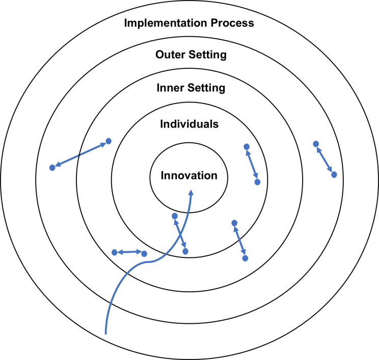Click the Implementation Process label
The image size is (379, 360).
coord(189,23)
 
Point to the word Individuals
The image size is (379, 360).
coord(189,124)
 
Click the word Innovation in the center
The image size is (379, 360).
coord(189,175)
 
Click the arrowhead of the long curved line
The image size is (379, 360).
coord(192,193)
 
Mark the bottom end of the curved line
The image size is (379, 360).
coord(106,333)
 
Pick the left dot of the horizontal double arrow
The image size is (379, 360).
coord(114,252)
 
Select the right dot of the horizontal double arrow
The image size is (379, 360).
coord(144,253)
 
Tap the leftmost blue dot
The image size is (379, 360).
coord(52,168)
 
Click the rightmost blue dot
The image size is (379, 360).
coord(334,174)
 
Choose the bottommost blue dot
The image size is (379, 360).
coord(245,259)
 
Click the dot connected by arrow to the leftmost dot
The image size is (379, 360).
coord(108,141)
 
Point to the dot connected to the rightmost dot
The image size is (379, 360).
coord(316,144)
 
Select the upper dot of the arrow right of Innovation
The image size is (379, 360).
coord(247,147)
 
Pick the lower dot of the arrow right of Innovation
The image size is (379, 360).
coord(257,182)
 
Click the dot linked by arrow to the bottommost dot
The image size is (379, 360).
coord(234,223)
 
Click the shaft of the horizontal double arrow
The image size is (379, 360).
coord(129,252)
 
